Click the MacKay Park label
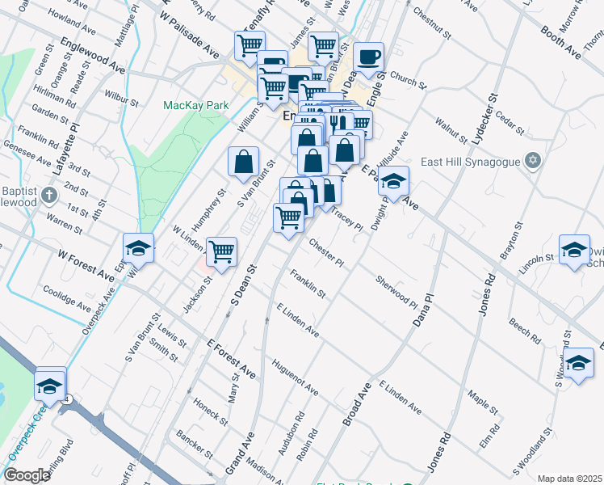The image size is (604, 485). [x=195, y=105]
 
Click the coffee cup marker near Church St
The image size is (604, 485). [x=369, y=57]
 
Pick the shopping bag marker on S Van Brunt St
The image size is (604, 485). [x=243, y=162]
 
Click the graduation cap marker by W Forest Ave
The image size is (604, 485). [x=138, y=248]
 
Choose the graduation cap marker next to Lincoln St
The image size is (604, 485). [x=574, y=250]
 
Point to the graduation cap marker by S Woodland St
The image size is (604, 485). [x=579, y=363]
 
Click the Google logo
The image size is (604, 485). [x=27, y=475]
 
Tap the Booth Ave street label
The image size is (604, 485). [x=560, y=40]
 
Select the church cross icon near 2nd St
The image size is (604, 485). [x=49, y=194]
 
